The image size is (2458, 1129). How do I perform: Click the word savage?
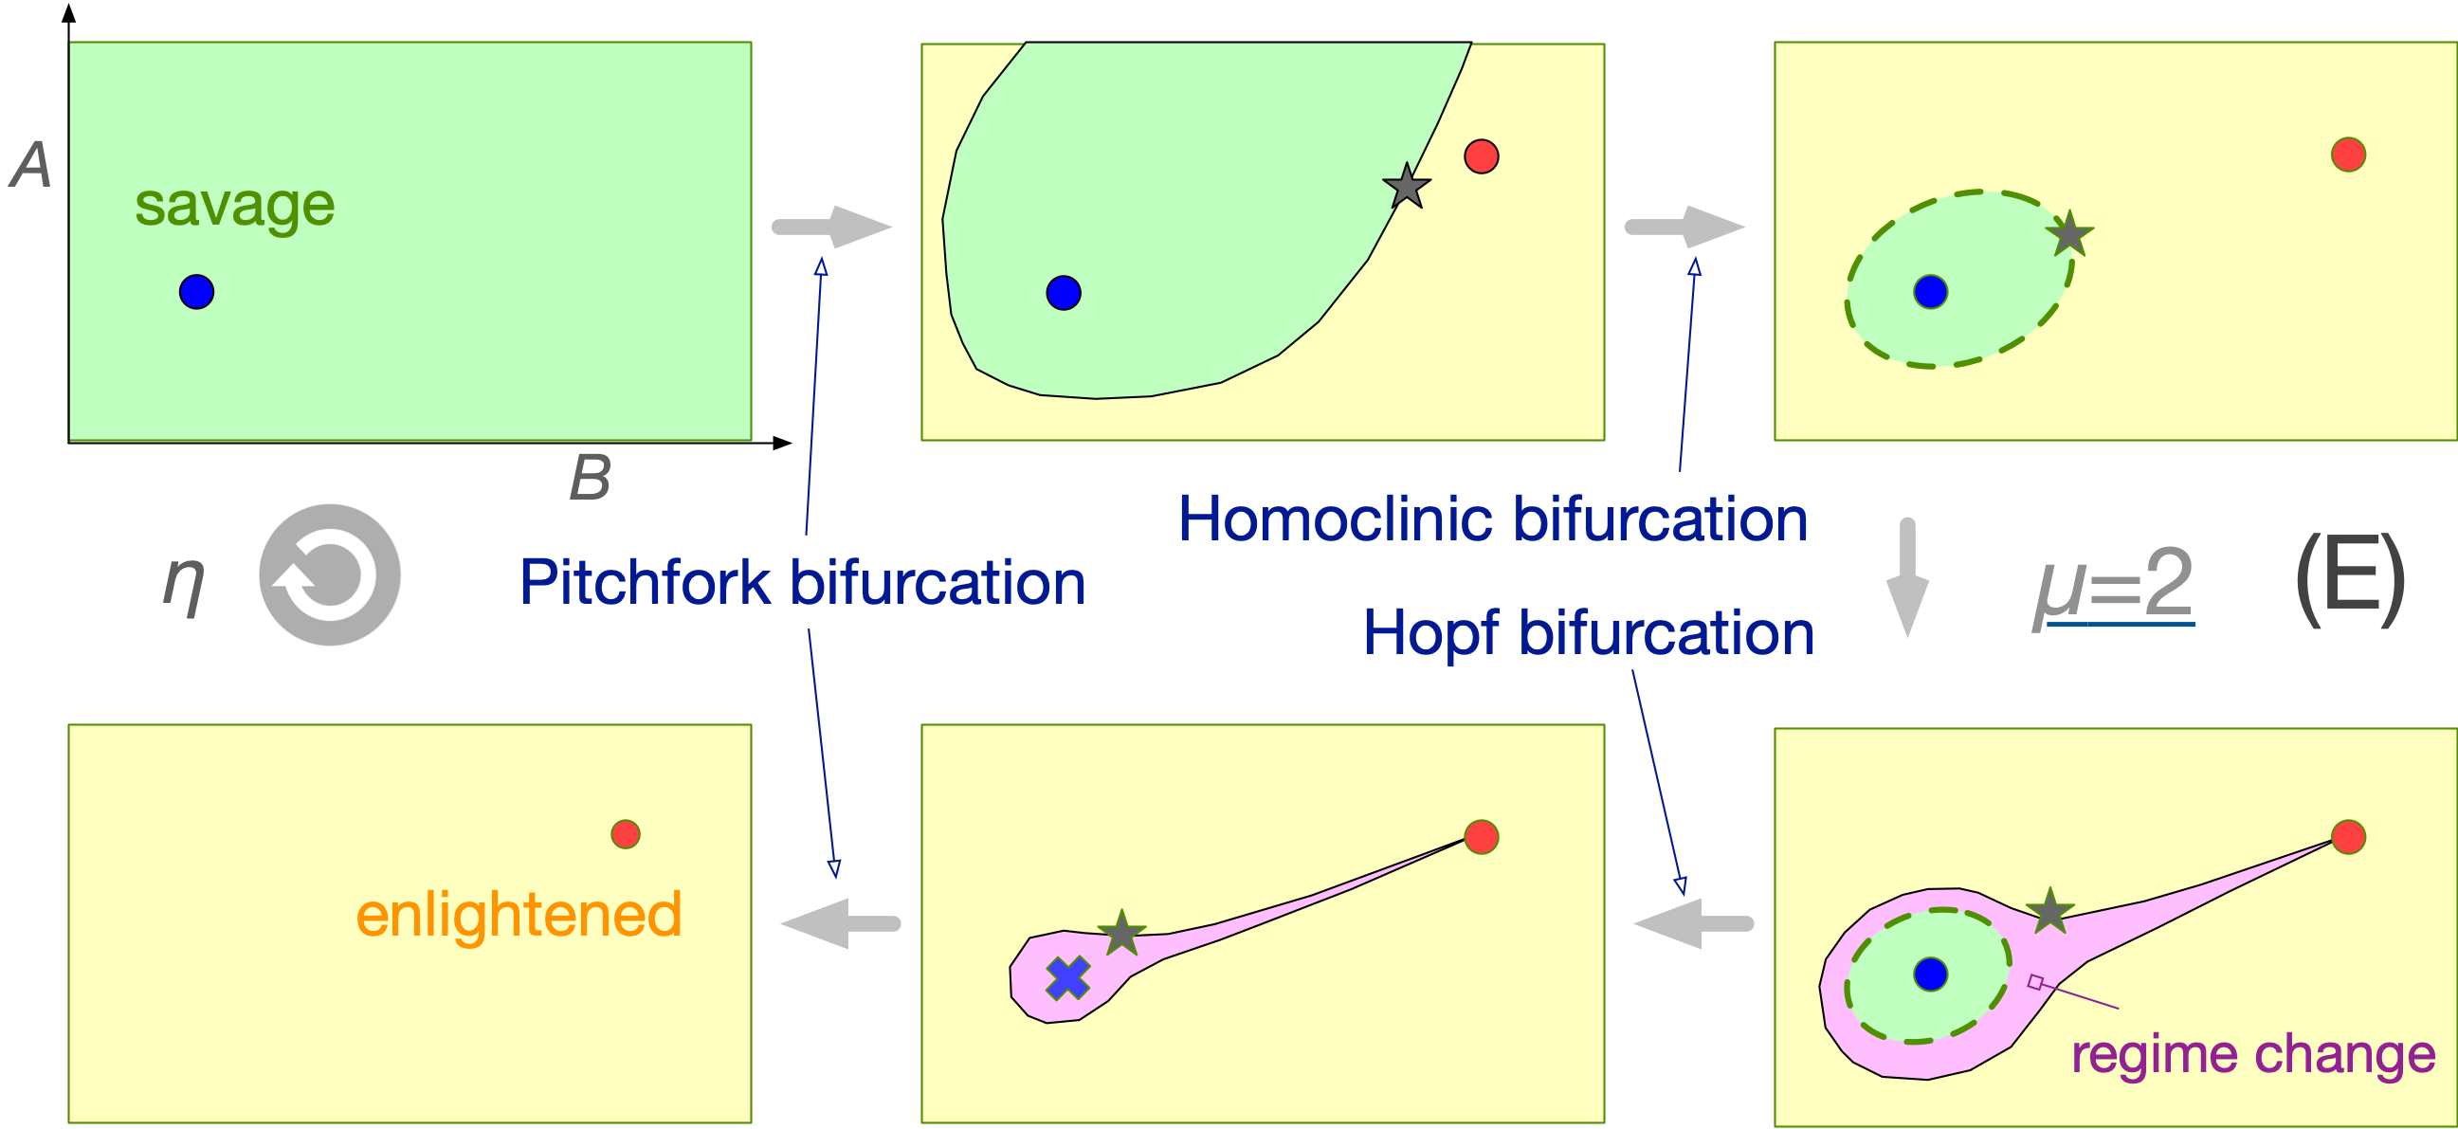(x=235, y=205)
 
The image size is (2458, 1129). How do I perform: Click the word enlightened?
(x=519, y=914)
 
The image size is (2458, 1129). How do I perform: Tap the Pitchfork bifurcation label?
(x=802, y=582)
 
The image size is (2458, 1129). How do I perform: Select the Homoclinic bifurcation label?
(x=1492, y=519)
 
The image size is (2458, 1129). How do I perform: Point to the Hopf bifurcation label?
(x=1588, y=632)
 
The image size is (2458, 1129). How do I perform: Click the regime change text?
(x=2253, y=1054)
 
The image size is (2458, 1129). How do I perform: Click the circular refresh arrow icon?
(x=329, y=574)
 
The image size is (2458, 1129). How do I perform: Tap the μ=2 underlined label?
(x=2114, y=583)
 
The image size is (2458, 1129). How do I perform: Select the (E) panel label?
(x=2349, y=579)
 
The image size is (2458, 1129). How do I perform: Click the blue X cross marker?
(x=1067, y=978)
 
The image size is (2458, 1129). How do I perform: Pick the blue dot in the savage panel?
(x=196, y=291)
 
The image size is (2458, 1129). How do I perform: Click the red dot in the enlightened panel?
(x=625, y=834)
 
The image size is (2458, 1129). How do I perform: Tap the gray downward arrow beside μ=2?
(x=1907, y=577)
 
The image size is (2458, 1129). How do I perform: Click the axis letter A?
(x=31, y=165)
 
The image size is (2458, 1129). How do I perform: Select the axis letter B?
(x=590, y=477)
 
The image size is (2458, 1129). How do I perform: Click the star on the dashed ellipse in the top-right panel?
(x=2069, y=234)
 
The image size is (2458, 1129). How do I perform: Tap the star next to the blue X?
(x=1121, y=933)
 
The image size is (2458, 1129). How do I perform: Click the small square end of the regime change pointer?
(x=2035, y=982)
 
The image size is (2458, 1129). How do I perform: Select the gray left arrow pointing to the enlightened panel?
(x=840, y=923)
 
